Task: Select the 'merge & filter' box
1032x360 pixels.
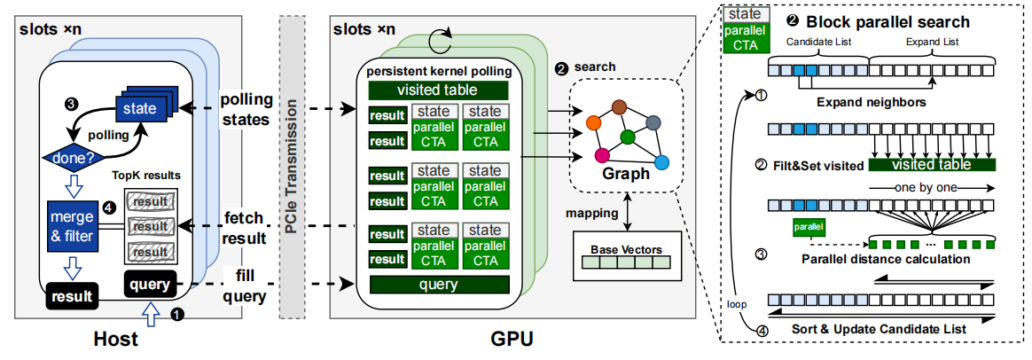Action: click(x=71, y=228)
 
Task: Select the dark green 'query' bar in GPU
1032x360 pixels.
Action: click(x=438, y=285)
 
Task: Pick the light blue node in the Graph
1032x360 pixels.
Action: click(x=660, y=162)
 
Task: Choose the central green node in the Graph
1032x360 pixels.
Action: click(x=627, y=137)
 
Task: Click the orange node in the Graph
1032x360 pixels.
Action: click(x=594, y=119)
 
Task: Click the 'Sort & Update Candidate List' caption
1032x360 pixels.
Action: click(x=877, y=329)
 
